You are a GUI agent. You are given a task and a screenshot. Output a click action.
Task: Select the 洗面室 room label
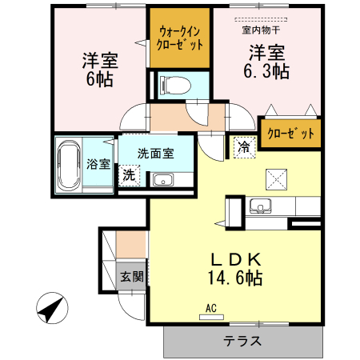(x=154, y=154)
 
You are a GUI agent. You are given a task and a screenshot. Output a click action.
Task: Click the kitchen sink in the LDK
(x=261, y=206)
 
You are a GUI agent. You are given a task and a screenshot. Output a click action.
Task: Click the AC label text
(x=211, y=308)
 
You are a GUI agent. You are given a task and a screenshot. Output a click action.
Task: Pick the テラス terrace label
(x=242, y=342)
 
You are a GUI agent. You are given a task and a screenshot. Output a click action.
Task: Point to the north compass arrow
(x=51, y=308)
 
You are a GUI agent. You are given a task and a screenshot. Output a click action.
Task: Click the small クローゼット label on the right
(x=290, y=133)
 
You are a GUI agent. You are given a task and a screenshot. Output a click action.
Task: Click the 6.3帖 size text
(x=266, y=71)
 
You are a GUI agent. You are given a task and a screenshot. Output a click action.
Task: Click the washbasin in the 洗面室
(x=164, y=179)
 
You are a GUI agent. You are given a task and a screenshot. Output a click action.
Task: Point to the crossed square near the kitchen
(x=275, y=178)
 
